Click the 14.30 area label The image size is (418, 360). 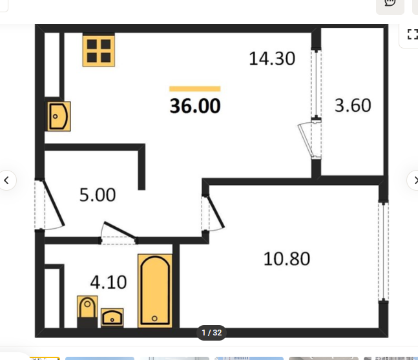[x=272, y=59]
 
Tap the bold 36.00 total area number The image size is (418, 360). [x=195, y=106]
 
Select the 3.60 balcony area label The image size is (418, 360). [x=353, y=105]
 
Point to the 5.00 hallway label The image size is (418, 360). [x=98, y=195]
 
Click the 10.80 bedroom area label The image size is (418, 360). [x=287, y=259]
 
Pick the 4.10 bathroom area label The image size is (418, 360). [x=109, y=282]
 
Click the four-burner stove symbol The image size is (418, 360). [x=99, y=50]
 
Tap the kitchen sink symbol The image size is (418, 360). [x=59, y=116]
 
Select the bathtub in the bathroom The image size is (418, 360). [x=155, y=291]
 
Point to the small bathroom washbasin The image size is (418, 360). [x=112, y=317]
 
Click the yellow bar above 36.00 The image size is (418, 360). [x=195, y=89]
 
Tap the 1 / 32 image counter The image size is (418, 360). [x=212, y=333]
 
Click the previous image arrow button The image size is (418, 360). [x=6, y=180]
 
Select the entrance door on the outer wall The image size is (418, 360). [x=54, y=203]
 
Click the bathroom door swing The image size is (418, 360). [x=120, y=230]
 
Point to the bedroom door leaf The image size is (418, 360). [x=215, y=212]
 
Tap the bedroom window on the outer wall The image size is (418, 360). [x=383, y=251]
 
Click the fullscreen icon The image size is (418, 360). [x=413, y=34]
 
